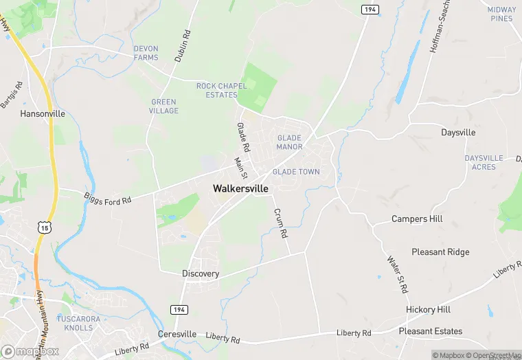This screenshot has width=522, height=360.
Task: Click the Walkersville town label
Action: (x=240, y=188)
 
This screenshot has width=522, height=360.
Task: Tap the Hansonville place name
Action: (x=43, y=113)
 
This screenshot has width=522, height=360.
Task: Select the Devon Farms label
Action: (x=146, y=53)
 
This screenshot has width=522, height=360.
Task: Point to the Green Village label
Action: (x=164, y=106)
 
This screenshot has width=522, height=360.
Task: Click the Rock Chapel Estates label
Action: (x=216, y=90)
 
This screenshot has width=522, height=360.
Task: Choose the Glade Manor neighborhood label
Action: (x=289, y=142)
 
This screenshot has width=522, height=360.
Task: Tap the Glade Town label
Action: (x=296, y=172)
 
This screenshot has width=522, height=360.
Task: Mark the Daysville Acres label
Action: (x=489, y=162)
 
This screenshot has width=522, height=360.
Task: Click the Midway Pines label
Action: (x=501, y=14)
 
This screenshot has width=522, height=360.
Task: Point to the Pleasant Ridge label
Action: (x=440, y=252)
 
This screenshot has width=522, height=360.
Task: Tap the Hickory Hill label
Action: (x=428, y=310)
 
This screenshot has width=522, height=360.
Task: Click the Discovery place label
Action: (x=201, y=273)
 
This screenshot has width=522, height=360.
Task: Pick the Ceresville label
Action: (x=177, y=334)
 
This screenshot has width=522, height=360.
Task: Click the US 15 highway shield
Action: (x=45, y=226)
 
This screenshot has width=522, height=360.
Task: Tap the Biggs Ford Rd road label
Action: (x=107, y=200)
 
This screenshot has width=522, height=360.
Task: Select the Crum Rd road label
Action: (x=280, y=223)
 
